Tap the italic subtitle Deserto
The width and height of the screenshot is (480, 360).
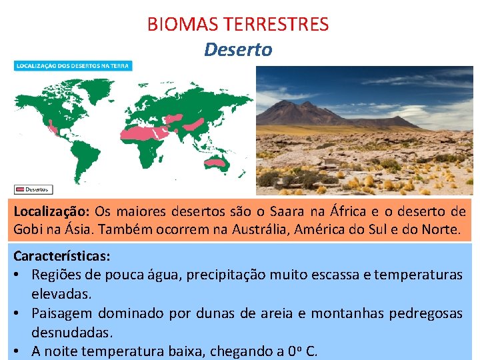click(238, 50)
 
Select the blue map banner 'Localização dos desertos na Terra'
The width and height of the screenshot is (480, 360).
click(73, 66)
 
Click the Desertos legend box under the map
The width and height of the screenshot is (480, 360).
click(34, 189)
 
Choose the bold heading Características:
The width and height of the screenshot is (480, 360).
click(62, 255)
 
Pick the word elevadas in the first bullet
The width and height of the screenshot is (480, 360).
click(61, 293)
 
